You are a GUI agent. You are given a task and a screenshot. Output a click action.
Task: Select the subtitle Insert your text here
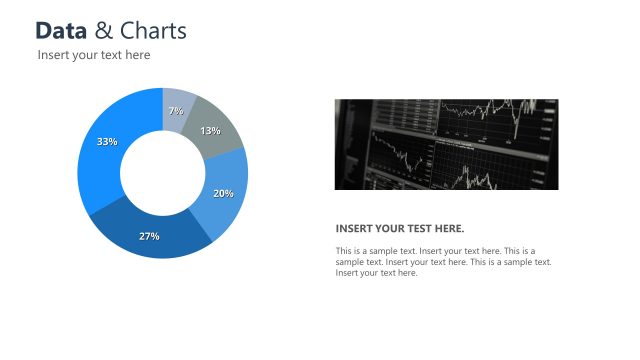click(94, 55)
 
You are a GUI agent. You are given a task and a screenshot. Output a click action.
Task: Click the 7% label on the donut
click(176, 111)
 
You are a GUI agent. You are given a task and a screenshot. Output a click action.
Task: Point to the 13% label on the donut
click(210, 131)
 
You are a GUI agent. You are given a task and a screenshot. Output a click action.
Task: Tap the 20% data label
click(224, 193)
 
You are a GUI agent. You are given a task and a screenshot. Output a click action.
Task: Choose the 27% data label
click(149, 236)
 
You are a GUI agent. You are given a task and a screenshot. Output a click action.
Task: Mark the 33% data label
click(107, 142)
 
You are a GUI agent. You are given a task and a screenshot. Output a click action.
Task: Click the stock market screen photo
click(446, 144)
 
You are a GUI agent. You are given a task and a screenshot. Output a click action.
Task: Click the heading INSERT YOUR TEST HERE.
click(400, 228)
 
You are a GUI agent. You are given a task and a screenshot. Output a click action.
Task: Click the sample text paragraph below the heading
click(443, 261)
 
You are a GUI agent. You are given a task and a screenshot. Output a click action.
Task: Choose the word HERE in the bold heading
click(449, 228)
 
